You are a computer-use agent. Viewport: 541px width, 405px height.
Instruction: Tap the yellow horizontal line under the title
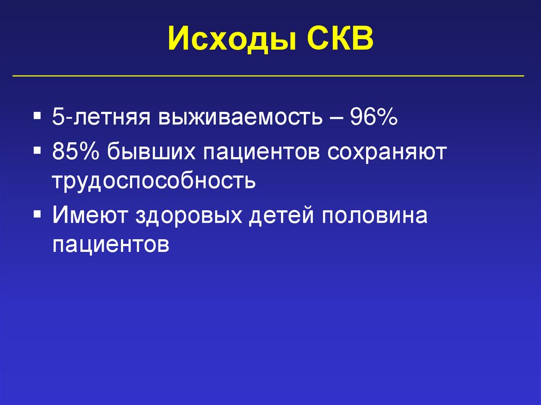point(268,76)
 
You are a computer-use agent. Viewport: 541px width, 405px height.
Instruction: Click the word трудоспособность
point(154,181)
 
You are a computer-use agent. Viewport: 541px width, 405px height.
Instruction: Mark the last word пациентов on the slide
point(110,244)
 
